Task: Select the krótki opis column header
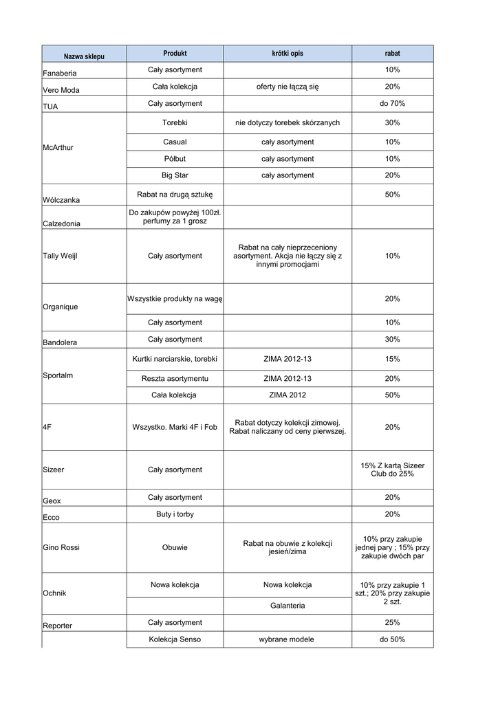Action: click(x=288, y=53)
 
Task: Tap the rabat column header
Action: click(x=392, y=53)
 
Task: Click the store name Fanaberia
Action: click(x=60, y=73)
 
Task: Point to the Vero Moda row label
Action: click(x=61, y=90)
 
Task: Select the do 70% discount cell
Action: click(x=392, y=103)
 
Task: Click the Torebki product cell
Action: click(x=175, y=122)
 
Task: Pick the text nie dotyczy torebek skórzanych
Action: click(x=288, y=122)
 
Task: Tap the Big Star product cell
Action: click(x=175, y=175)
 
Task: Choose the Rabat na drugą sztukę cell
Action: click(x=175, y=195)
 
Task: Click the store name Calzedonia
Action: click(x=61, y=223)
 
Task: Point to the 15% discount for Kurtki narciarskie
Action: click(x=392, y=359)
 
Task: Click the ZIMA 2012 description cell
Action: click(x=288, y=395)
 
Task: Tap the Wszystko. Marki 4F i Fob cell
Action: click(x=175, y=427)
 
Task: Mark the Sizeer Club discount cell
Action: click(x=392, y=470)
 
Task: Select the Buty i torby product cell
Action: click(x=175, y=514)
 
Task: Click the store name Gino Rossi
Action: click(x=61, y=547)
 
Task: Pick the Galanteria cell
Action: click(x=288, y=606)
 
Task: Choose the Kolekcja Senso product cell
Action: click(x=175, y=639)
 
